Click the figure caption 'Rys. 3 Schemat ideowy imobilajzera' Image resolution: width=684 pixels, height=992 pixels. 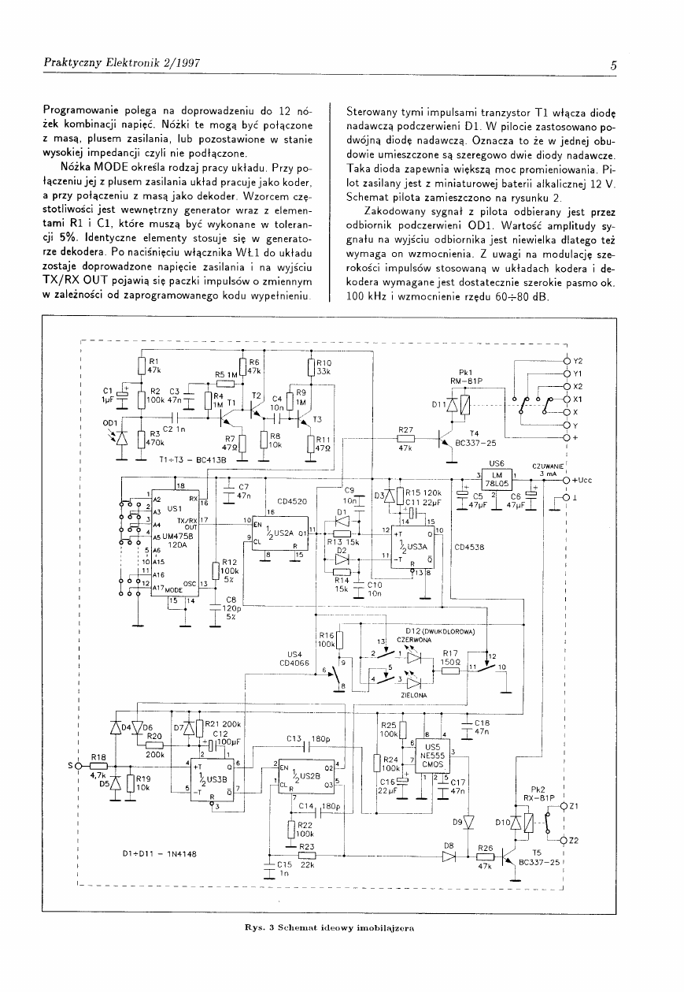click(330, 927)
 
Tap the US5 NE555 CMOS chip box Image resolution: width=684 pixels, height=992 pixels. click(431, 757)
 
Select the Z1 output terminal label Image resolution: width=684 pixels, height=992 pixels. click(575, 806)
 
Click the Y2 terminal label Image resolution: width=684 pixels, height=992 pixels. click(577, 361)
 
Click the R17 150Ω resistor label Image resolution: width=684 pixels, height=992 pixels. click(450, 657)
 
